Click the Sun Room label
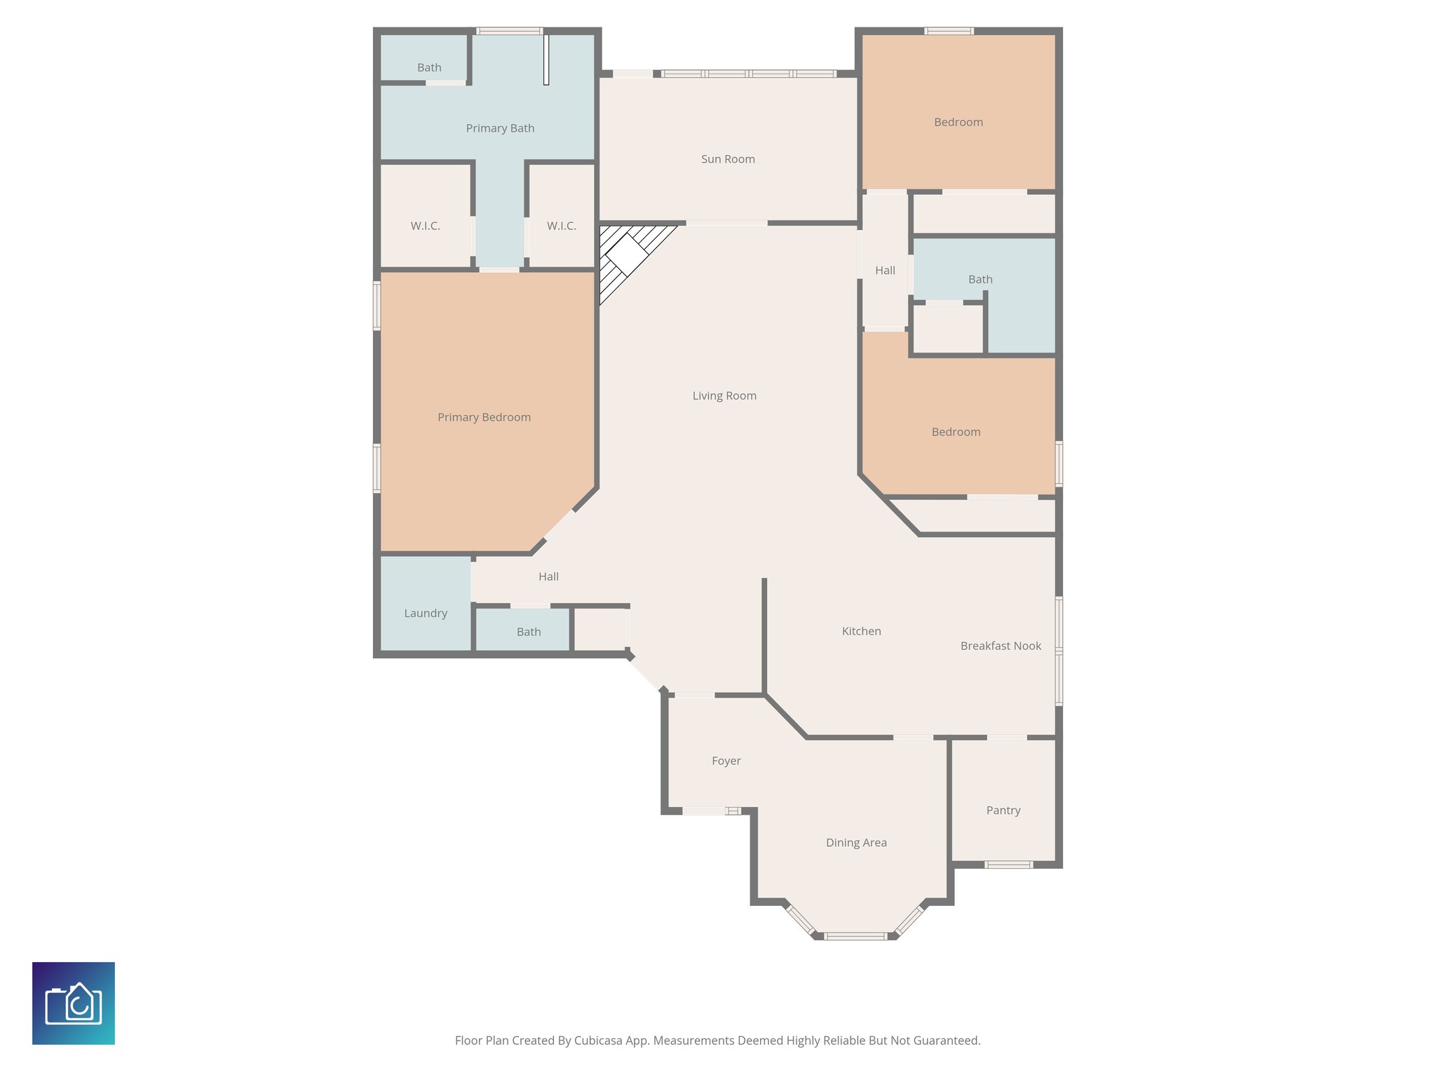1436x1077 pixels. click(x=728, y=159)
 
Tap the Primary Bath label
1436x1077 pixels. click(x=500, y=128)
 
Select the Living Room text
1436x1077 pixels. click(x=724, y=395)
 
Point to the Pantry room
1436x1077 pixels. click(x=1003, y=810)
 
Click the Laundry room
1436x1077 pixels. click(x=426, y=612)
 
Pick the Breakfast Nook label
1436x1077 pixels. click(x=1001, y=646)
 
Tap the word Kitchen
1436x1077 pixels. click(x=861, y=631)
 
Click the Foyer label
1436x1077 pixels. click(x=726, y=761)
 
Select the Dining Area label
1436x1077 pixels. click(x=856, y=843)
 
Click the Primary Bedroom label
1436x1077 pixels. click(x=484, y=417)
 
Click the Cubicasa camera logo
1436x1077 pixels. click(x=74, y=1003)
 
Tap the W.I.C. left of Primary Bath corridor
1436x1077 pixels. click(x=425, y=226)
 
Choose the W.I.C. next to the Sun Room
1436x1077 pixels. click(x=561, y=226)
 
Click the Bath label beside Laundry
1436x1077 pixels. click(x=529, y=632)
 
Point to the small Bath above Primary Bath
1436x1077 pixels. click(x=429, y=67)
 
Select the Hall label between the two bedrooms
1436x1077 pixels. click(x=885, y=270)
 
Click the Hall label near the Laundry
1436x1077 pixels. click(x=548, y=576)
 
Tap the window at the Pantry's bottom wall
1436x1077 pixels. click(x=1008, y=865)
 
